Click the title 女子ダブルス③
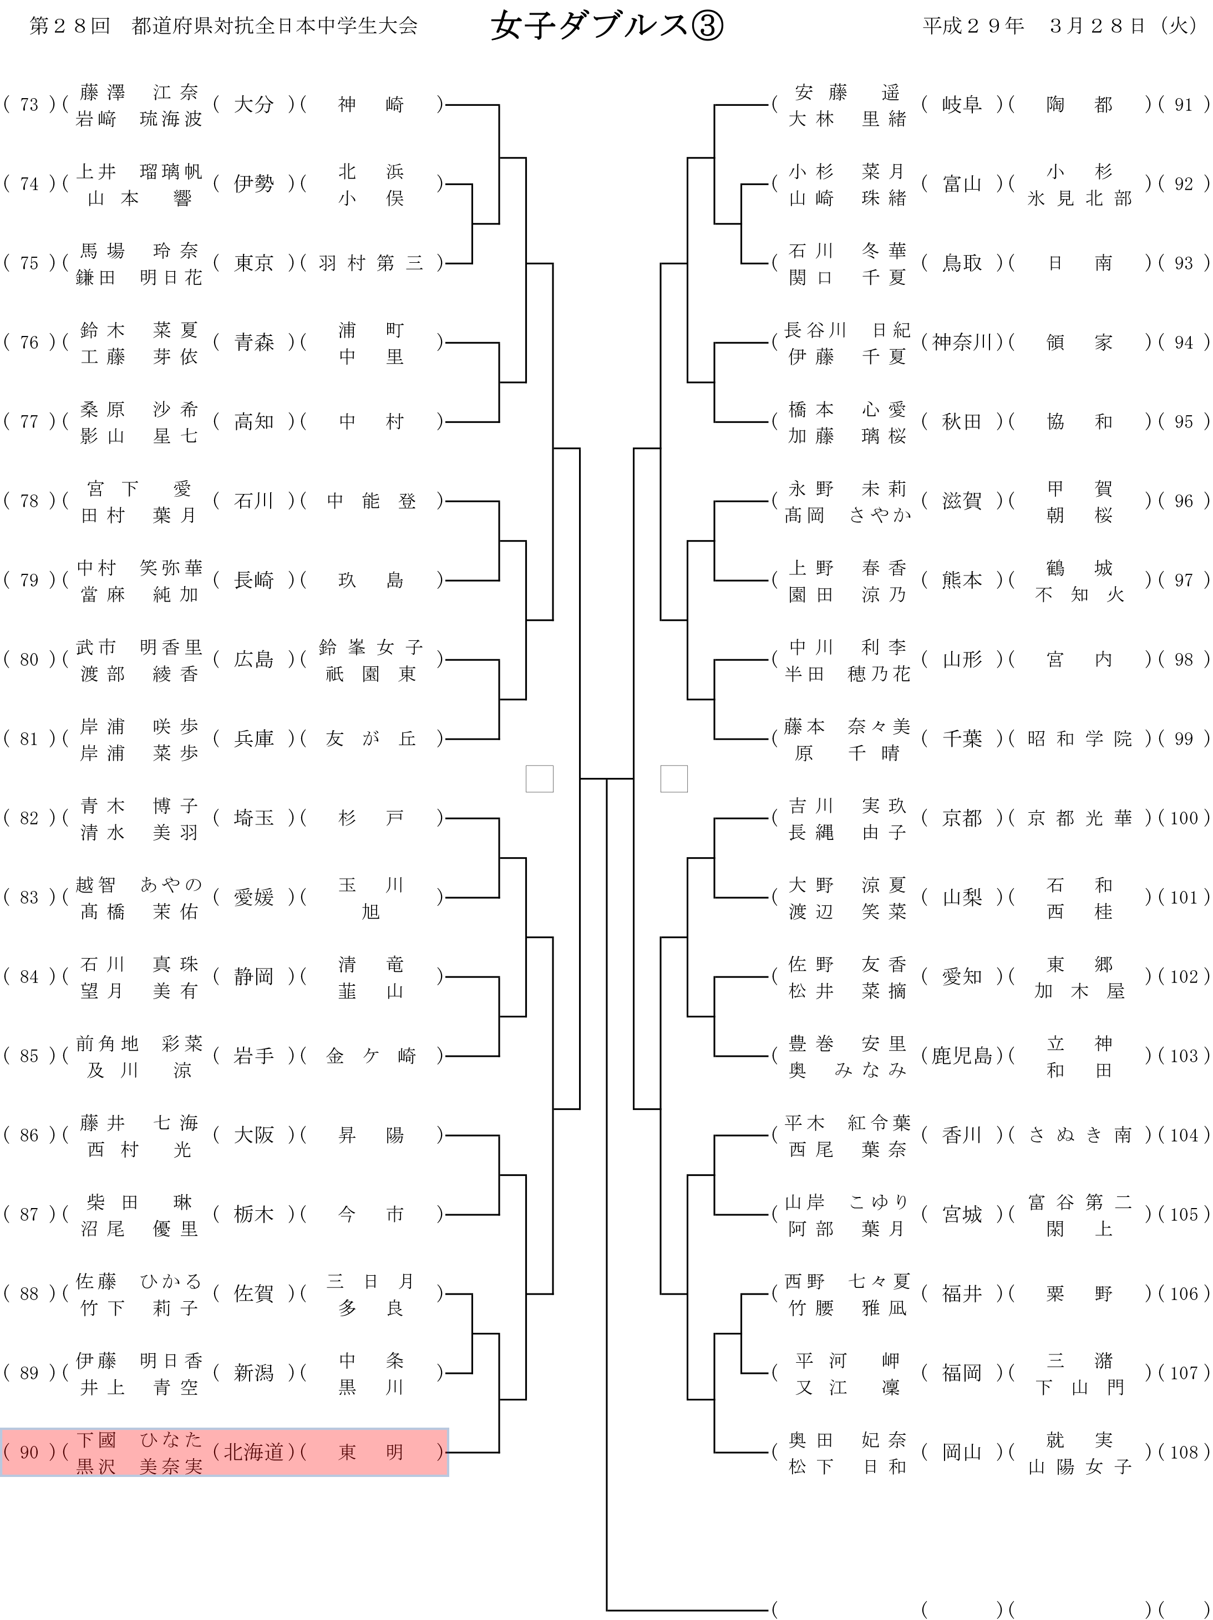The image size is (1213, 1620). pos(607,27)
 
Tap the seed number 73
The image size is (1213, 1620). pos(29,105)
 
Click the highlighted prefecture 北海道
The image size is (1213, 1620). pos(253,1452)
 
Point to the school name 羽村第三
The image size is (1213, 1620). pos(371,264)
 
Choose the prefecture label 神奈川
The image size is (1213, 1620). pos(961,343)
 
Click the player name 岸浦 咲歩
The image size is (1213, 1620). pos(139,726)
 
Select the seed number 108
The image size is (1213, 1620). pos(1183,1452)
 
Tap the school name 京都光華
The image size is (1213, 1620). pos(1079,818)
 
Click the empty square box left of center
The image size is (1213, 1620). pos(539,778)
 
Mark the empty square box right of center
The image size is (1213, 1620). pos(674,778)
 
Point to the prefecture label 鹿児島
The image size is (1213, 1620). pos(961,1056)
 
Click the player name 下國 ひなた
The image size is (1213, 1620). pos(139,1440)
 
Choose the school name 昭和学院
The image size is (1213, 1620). pos(1079,739)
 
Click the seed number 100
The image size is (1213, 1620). pos(1183,818)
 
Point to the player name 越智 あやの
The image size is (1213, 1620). pos(139,885)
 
